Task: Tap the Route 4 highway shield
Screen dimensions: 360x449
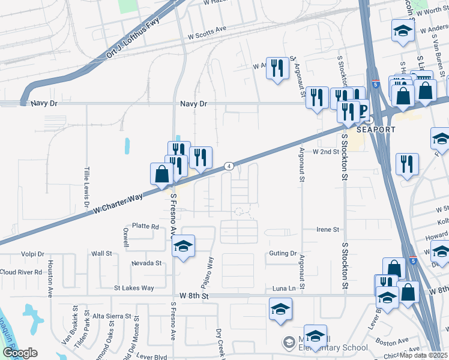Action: [229, 166]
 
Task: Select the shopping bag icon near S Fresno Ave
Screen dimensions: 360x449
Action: [161, 174]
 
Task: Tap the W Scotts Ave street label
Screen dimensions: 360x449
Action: [207, 28]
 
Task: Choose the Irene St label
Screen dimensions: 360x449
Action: [328, 230]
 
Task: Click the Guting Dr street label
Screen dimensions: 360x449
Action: [283, 254]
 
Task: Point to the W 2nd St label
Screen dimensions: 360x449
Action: [326, 152]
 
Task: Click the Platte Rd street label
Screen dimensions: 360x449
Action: [146, 227]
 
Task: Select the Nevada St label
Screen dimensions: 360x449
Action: [146, 263]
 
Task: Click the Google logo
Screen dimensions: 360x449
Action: [19, 353]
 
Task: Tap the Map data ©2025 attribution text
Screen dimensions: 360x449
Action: [424, 355]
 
